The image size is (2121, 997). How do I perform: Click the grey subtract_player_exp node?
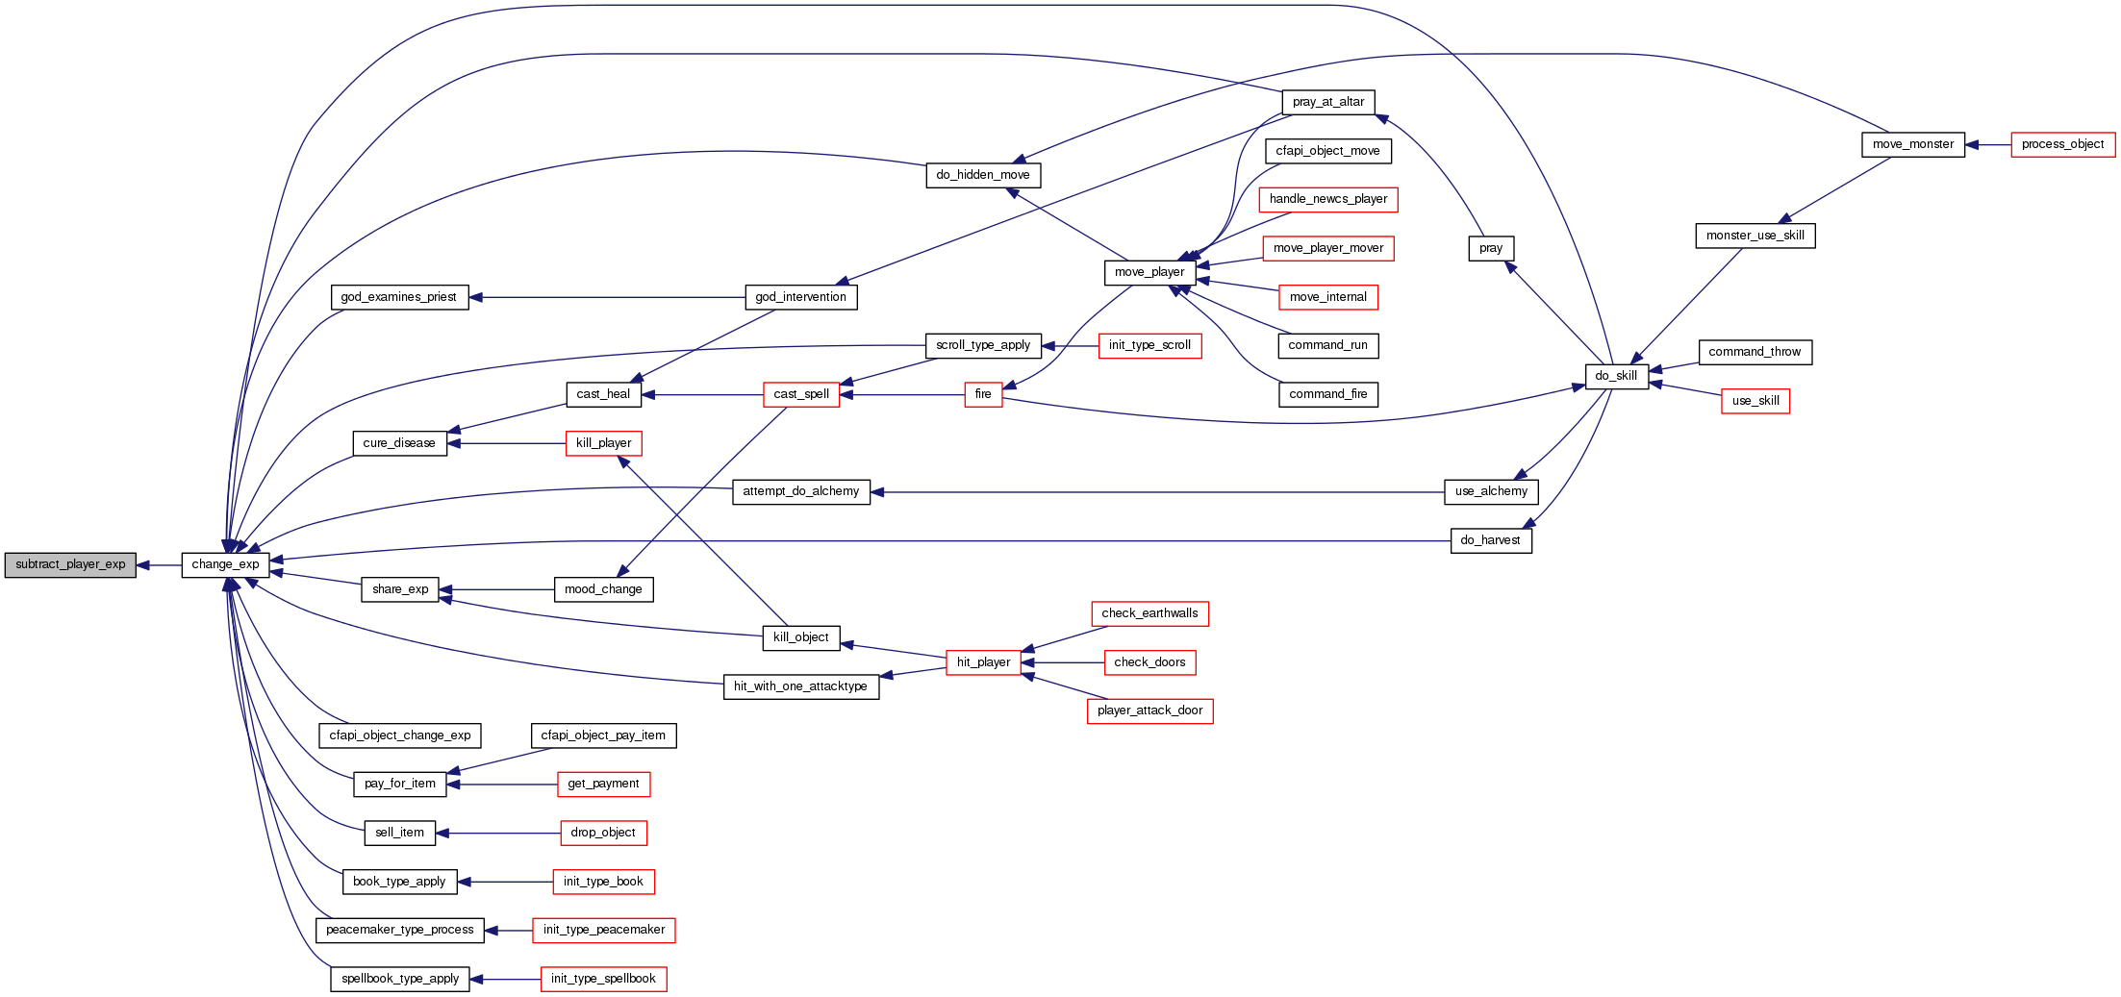(x=70, y=565)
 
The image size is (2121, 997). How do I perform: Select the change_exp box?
(x=225, y=565)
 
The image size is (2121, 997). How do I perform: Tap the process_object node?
(x=2062, y=145)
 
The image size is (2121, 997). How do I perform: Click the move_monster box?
(x=1912, y=145)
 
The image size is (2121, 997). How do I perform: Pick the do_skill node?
(x=1616, y=376)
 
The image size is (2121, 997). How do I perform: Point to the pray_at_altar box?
(x=1327, y=102)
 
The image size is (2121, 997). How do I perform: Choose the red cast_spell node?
(x=801, y=394)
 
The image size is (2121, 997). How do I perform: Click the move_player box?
(x=1149, y=272)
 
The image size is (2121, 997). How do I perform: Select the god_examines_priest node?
(x=398, y=297)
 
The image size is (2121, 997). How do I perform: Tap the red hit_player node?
(x=983, y=662)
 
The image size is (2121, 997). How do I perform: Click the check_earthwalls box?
(x=1149, y=613)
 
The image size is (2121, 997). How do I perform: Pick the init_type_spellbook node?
(x=603, y=979)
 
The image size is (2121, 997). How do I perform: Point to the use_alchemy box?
(x=1491, y=491)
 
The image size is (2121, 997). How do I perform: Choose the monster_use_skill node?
(x=1755, y=236)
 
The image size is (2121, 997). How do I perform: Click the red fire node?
(x=983, y=394)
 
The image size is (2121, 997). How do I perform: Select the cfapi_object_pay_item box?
(x=603, y=735)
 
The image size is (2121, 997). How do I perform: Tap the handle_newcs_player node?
(x=1327, y=199)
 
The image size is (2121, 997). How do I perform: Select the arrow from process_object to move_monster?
(x=1987, y=145)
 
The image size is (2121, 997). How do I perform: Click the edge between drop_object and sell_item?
(x=497, y=833)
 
